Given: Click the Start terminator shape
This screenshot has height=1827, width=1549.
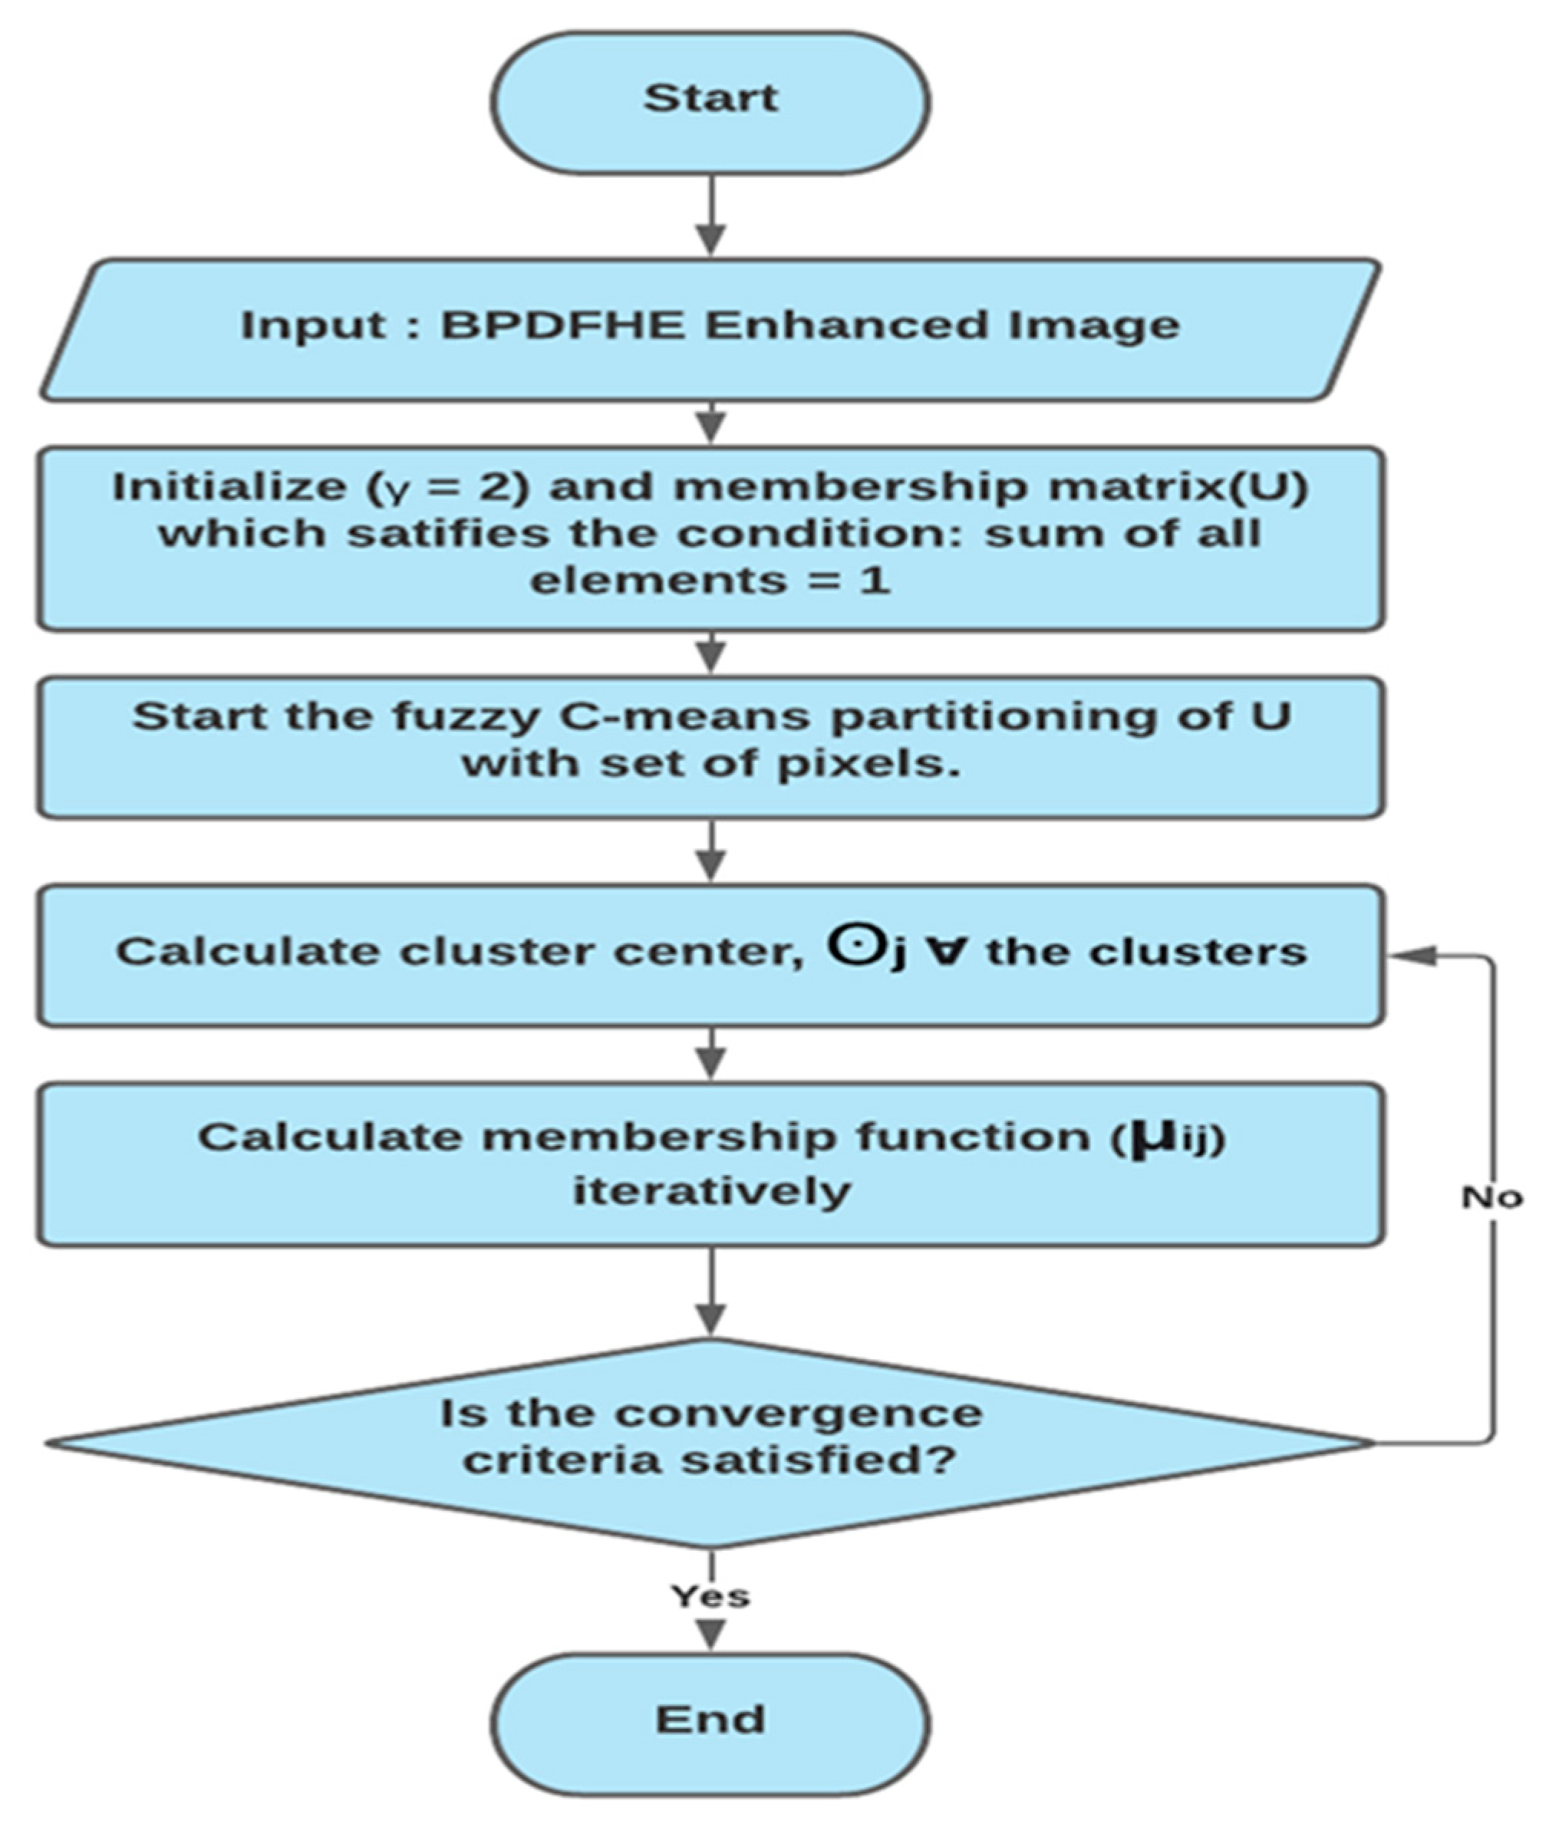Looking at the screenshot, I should coord(710,101).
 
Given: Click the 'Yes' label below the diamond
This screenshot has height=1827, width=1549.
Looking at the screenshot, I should coord(710,1595).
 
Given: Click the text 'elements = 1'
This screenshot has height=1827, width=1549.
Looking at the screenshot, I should coord(710,581).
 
